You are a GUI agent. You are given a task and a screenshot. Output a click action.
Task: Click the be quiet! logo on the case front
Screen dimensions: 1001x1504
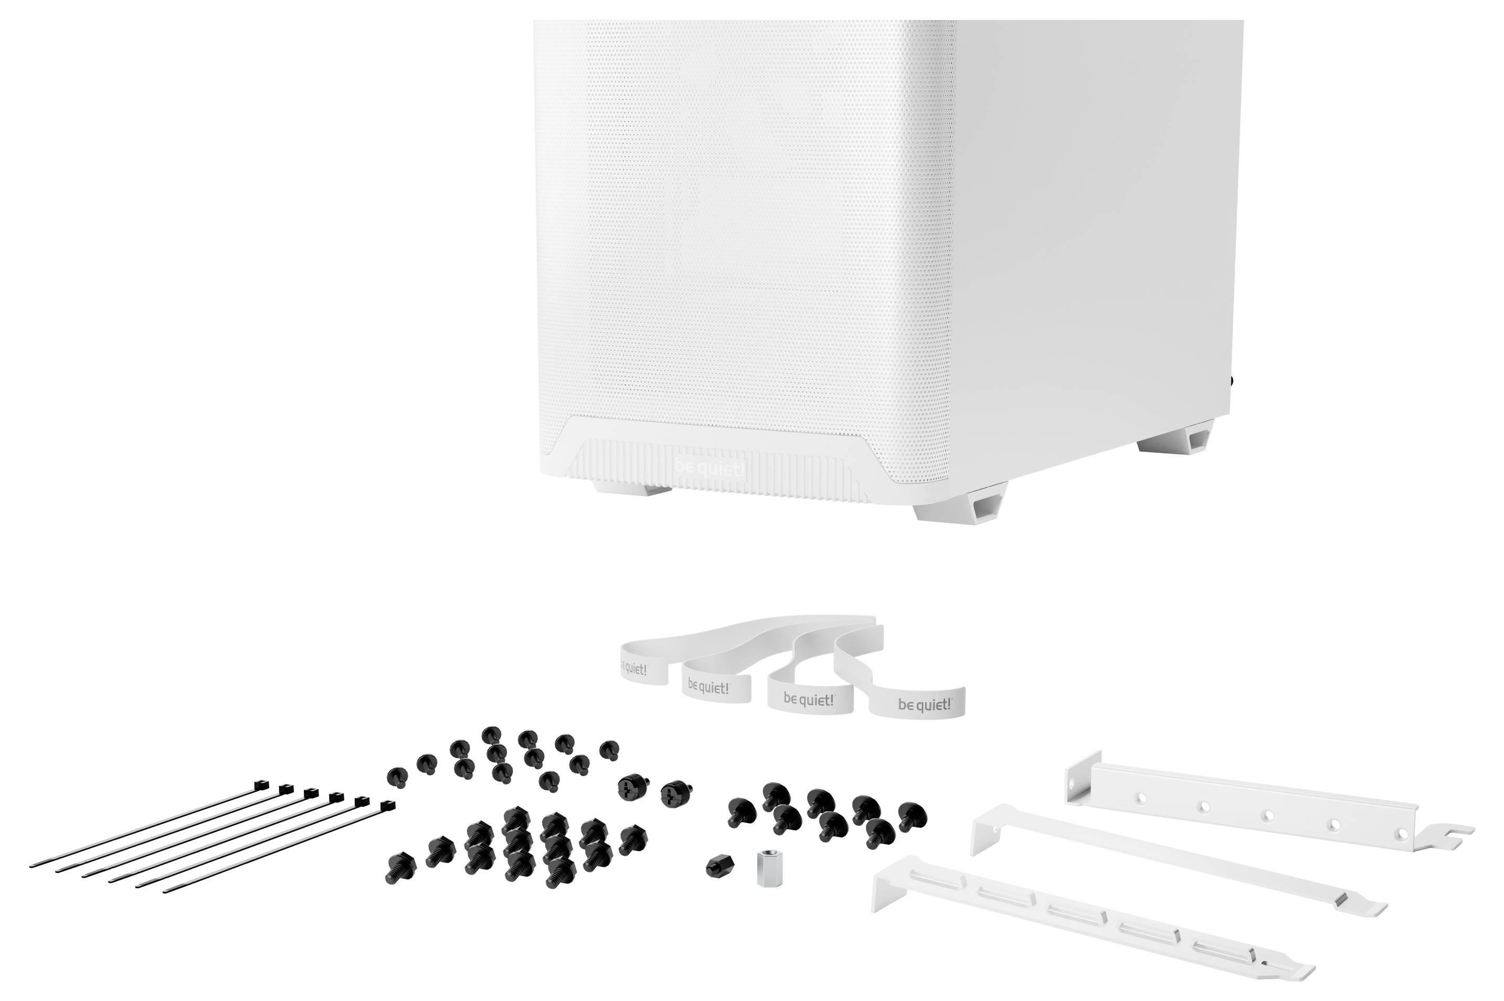click(709, 468)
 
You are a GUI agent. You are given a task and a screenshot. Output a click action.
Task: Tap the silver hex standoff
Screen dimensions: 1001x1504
click(769, 868)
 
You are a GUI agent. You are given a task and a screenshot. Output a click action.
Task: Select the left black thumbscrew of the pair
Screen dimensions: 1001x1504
click(633, 786)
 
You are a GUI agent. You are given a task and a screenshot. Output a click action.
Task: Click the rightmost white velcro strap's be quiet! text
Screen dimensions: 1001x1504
click(924, 704)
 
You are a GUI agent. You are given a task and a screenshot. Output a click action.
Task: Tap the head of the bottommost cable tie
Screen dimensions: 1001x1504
click(387, 806)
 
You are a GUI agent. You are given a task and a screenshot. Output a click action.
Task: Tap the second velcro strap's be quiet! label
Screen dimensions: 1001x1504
click(708, 688)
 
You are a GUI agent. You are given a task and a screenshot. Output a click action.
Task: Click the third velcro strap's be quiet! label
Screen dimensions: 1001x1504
click(808, 700)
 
